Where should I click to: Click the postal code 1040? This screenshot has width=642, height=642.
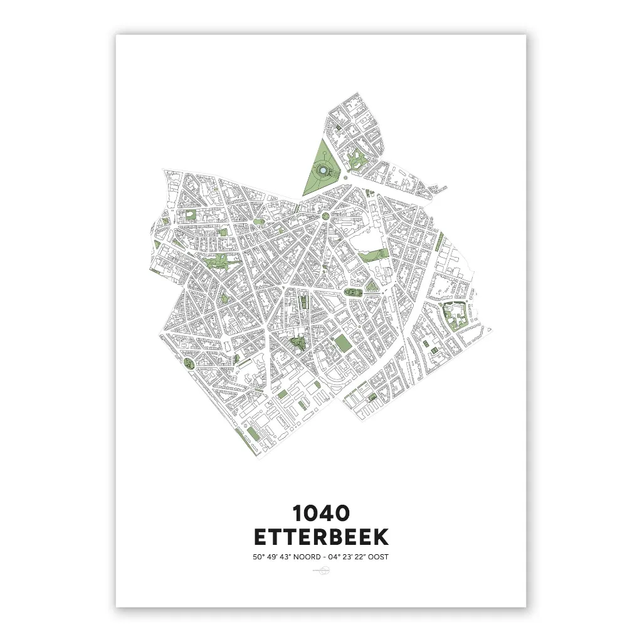321,513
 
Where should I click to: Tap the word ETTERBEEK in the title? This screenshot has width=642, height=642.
321,537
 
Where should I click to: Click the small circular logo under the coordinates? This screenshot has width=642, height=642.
321,570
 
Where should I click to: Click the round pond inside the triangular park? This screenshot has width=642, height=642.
322,169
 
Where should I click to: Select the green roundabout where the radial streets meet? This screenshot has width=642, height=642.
325,217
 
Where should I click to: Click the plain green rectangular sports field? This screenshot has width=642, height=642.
342,342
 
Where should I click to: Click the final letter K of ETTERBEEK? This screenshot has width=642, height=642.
381,537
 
